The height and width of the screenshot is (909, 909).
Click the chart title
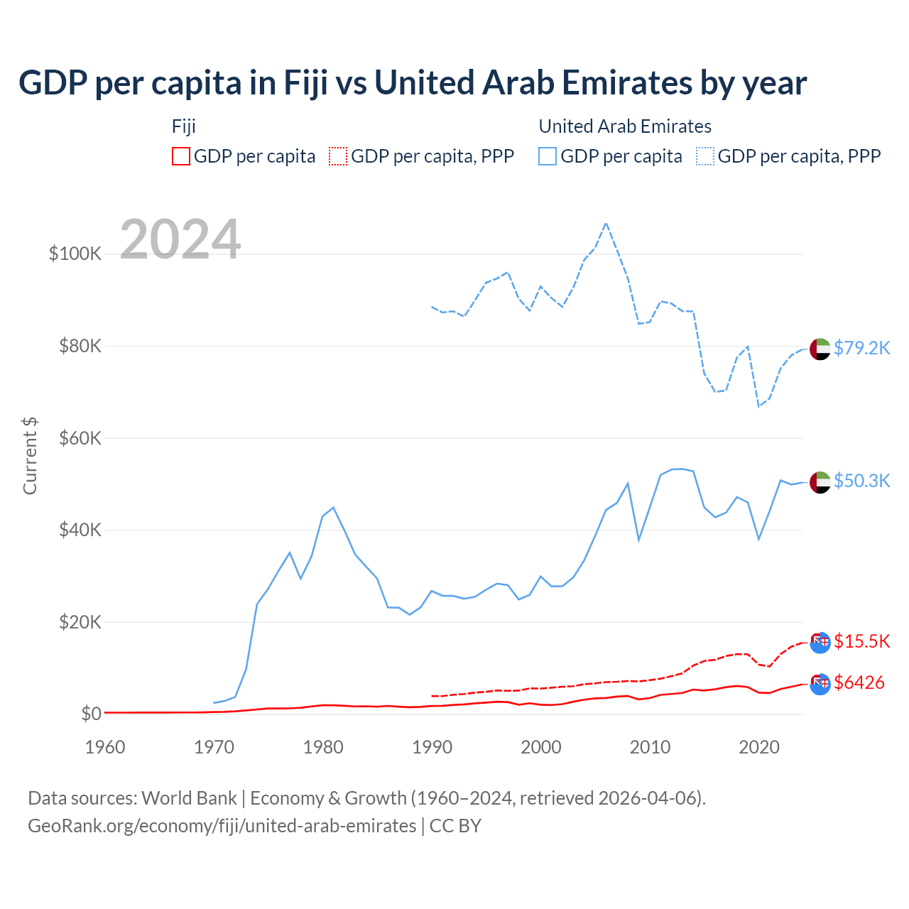coord(413,83)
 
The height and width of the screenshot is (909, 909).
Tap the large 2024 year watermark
coord(180,239)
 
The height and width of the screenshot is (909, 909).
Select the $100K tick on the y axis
coord(75,254)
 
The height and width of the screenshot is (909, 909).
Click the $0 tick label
coord(91,714)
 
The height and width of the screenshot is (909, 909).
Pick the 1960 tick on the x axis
coord(105,747)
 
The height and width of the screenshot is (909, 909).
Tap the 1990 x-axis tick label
coord(432,747)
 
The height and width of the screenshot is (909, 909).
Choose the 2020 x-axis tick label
coord(759,747)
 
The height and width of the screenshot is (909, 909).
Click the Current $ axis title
coord(30,456)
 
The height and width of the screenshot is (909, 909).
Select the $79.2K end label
coord(861,348)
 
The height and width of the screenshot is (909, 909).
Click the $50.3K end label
coord(861,481)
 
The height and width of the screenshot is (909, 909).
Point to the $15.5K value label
coord(861,641)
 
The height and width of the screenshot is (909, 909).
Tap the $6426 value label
coord(859,682)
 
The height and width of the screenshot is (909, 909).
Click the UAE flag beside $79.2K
coord(820,349)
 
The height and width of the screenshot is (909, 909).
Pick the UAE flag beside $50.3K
coord(820,482)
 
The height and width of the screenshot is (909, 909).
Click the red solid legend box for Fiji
coord(181,156)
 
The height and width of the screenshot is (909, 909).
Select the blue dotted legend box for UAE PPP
coord(705,156)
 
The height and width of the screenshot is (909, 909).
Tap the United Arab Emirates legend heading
coord(625,126)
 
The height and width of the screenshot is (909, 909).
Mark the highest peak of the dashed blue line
coord(606,223)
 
